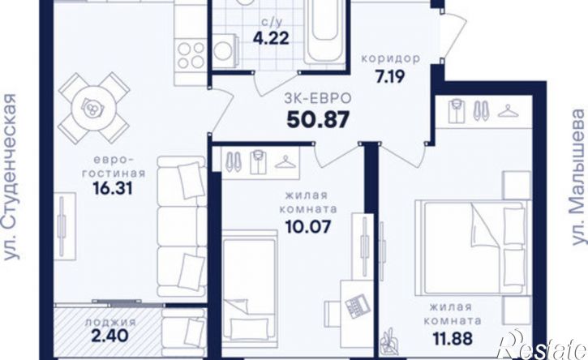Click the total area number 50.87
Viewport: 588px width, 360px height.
click(318, 120)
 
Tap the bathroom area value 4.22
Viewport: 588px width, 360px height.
click(271, 38)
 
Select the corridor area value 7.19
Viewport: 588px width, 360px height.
click(390, 76)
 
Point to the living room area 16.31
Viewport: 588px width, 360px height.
click(113, 188)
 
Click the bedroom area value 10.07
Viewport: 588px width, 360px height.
click(308, 226)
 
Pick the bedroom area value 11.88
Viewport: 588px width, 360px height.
click(453, 339)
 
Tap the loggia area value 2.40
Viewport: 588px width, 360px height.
click(109, 335)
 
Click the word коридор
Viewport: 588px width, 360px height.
click(390, 59)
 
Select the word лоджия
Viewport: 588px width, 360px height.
click(109, 321)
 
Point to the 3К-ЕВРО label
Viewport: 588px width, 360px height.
click(318, 98)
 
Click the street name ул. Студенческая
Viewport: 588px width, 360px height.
click(11, 177)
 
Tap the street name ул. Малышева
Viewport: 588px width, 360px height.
click(578, 177)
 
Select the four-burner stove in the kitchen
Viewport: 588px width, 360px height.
click(191, 55)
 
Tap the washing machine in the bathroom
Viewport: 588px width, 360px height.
click(225, 51)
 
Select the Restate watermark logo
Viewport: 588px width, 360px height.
click(544, 345)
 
